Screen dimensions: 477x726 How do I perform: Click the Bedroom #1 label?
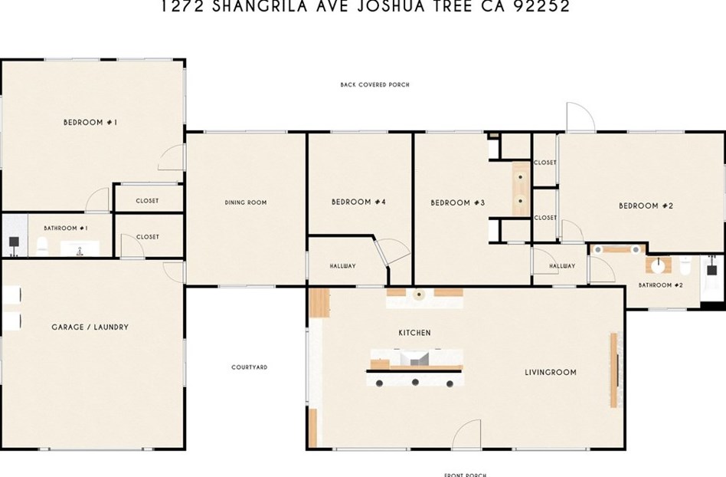click(x=90, y=122)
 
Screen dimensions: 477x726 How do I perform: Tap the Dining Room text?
click(x=245, y=202)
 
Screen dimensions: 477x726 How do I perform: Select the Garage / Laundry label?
click(x=90, y=327)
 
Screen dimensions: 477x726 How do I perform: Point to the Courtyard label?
click(x=249, y=367)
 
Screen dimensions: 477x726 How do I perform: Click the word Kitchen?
click(x=414, y=333)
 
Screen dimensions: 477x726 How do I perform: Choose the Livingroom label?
click(x=550, y=373)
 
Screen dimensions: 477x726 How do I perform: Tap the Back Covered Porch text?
click(x=374, y=84)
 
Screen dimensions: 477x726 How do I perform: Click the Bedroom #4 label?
click(x=358, y=202)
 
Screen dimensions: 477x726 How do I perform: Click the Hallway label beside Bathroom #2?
click(x=561, y=266)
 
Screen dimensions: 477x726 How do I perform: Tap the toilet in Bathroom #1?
click(x=43, y=245)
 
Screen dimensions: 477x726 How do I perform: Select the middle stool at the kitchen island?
click(x=415, y=381)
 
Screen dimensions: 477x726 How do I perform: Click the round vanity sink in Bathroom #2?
click(x=656, y=265)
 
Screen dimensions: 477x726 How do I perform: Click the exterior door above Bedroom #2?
click(x=579, y=117)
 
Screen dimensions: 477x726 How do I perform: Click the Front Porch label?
click(x=462, y=473)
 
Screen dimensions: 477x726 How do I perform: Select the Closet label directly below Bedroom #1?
click(x=147, y=201)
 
